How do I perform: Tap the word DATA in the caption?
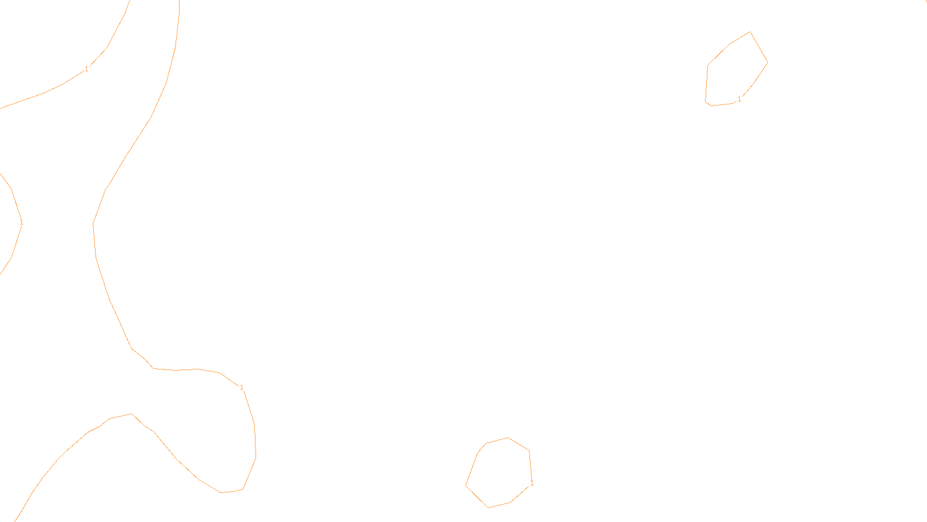(490, 512)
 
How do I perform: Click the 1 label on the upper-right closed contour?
(739, 99)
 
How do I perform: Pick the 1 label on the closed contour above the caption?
(532, 483)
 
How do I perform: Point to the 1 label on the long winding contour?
(242, 387)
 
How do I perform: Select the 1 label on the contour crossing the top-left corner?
(86, 69)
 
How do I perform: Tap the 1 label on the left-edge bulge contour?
(21, 222)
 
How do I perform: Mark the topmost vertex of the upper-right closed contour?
(750, 32)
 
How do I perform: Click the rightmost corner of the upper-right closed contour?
(768, 62)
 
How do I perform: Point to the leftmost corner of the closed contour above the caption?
(466, 485)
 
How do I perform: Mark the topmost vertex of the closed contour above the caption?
(508, 438)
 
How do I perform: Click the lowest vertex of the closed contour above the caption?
(488, 507)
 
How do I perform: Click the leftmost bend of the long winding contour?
(93, 224)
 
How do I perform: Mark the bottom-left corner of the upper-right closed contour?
(706, 101)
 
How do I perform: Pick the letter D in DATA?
(484, 512)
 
